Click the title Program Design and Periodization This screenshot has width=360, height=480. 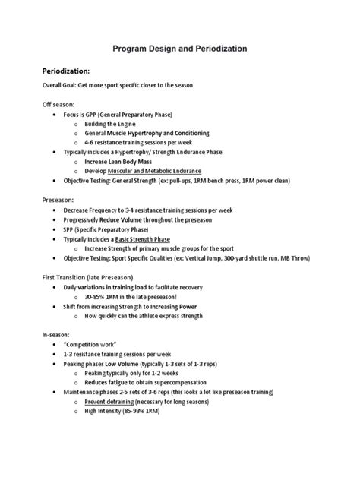(x=180, y=48)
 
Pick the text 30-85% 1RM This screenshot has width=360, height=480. (x=104, y=297)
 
